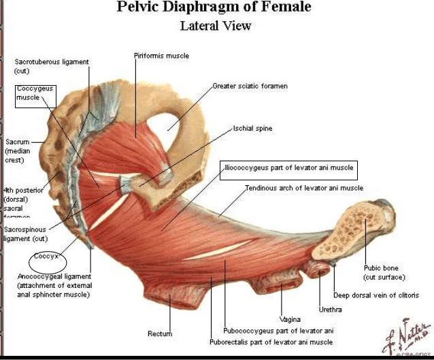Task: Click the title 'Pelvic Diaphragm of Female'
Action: tap(214, 7)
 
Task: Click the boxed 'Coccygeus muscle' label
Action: tap(35, 93)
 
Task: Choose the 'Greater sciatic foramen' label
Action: tap(250, 86)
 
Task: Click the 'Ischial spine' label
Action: tap(252, 127)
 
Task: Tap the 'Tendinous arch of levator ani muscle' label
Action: tap(304, 188)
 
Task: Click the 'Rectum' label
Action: tap(160, 333)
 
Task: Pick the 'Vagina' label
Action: tap(290, 318)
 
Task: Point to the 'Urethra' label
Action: tap(331, 309)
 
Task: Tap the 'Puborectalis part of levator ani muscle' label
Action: tap(271, 342)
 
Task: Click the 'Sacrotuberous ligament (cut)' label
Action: tap(51, 66)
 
